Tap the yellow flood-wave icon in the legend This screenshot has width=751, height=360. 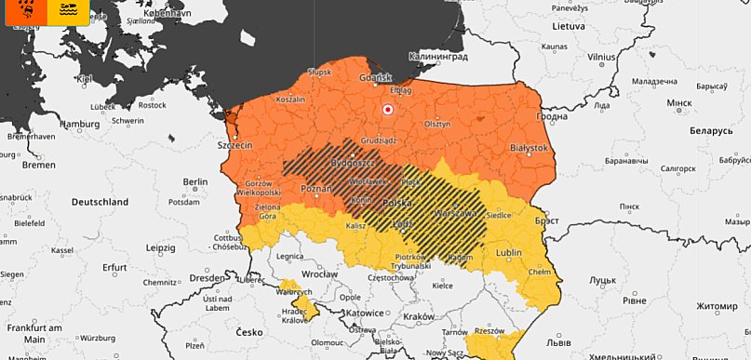[x=68, y=10]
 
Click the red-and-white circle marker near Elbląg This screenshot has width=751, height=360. [x=388, y=111]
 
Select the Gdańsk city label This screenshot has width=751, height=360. [x=381, y=77]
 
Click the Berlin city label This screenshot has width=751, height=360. [x=195, y=180]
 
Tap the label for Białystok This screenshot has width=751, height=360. [x=530, y=148]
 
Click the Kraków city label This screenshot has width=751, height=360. [x=419, y=316]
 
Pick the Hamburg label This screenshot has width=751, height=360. [x=79, y=124]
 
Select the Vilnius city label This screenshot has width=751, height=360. [x=602, y=57]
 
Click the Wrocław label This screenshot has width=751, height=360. [x=318, y=276]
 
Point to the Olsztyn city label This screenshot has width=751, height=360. [x=436, y=123]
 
